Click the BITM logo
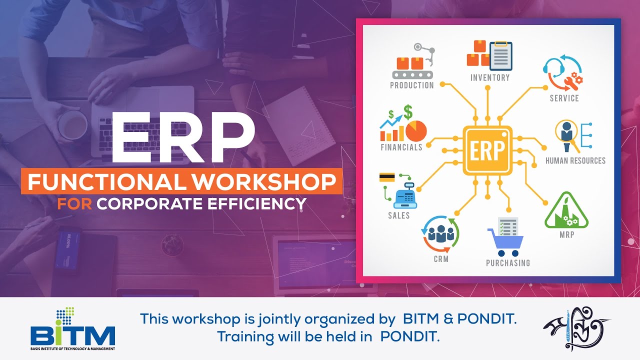tap(72, 330)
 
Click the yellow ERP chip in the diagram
tap(487, 150)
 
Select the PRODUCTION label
tap(412, 85)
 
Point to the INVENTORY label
tap(490, 78)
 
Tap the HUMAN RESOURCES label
tap(575, 160)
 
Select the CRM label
tap(441, 259)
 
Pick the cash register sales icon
tap(405, 197)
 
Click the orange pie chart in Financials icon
tap(416, 131)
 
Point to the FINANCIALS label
tap(401, 147)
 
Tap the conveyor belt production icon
tap(413, 67)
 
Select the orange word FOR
tap(74, 204)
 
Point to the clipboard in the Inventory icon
tap(501, 55)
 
